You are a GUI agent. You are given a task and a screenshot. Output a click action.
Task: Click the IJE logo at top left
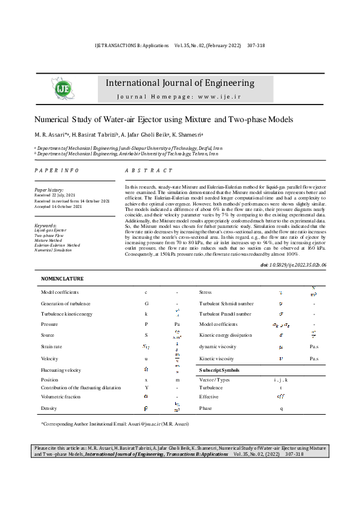pos(64,89)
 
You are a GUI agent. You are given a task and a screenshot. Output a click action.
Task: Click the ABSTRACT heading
pos(149,171)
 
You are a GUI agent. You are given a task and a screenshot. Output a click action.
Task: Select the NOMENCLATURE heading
pos(62,279)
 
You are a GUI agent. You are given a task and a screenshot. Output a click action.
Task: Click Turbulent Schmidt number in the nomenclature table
pos(225,303)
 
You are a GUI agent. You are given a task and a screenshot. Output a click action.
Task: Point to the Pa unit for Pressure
pos(177,325)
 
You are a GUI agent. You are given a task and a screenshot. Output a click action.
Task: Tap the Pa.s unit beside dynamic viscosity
pos(313,347)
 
